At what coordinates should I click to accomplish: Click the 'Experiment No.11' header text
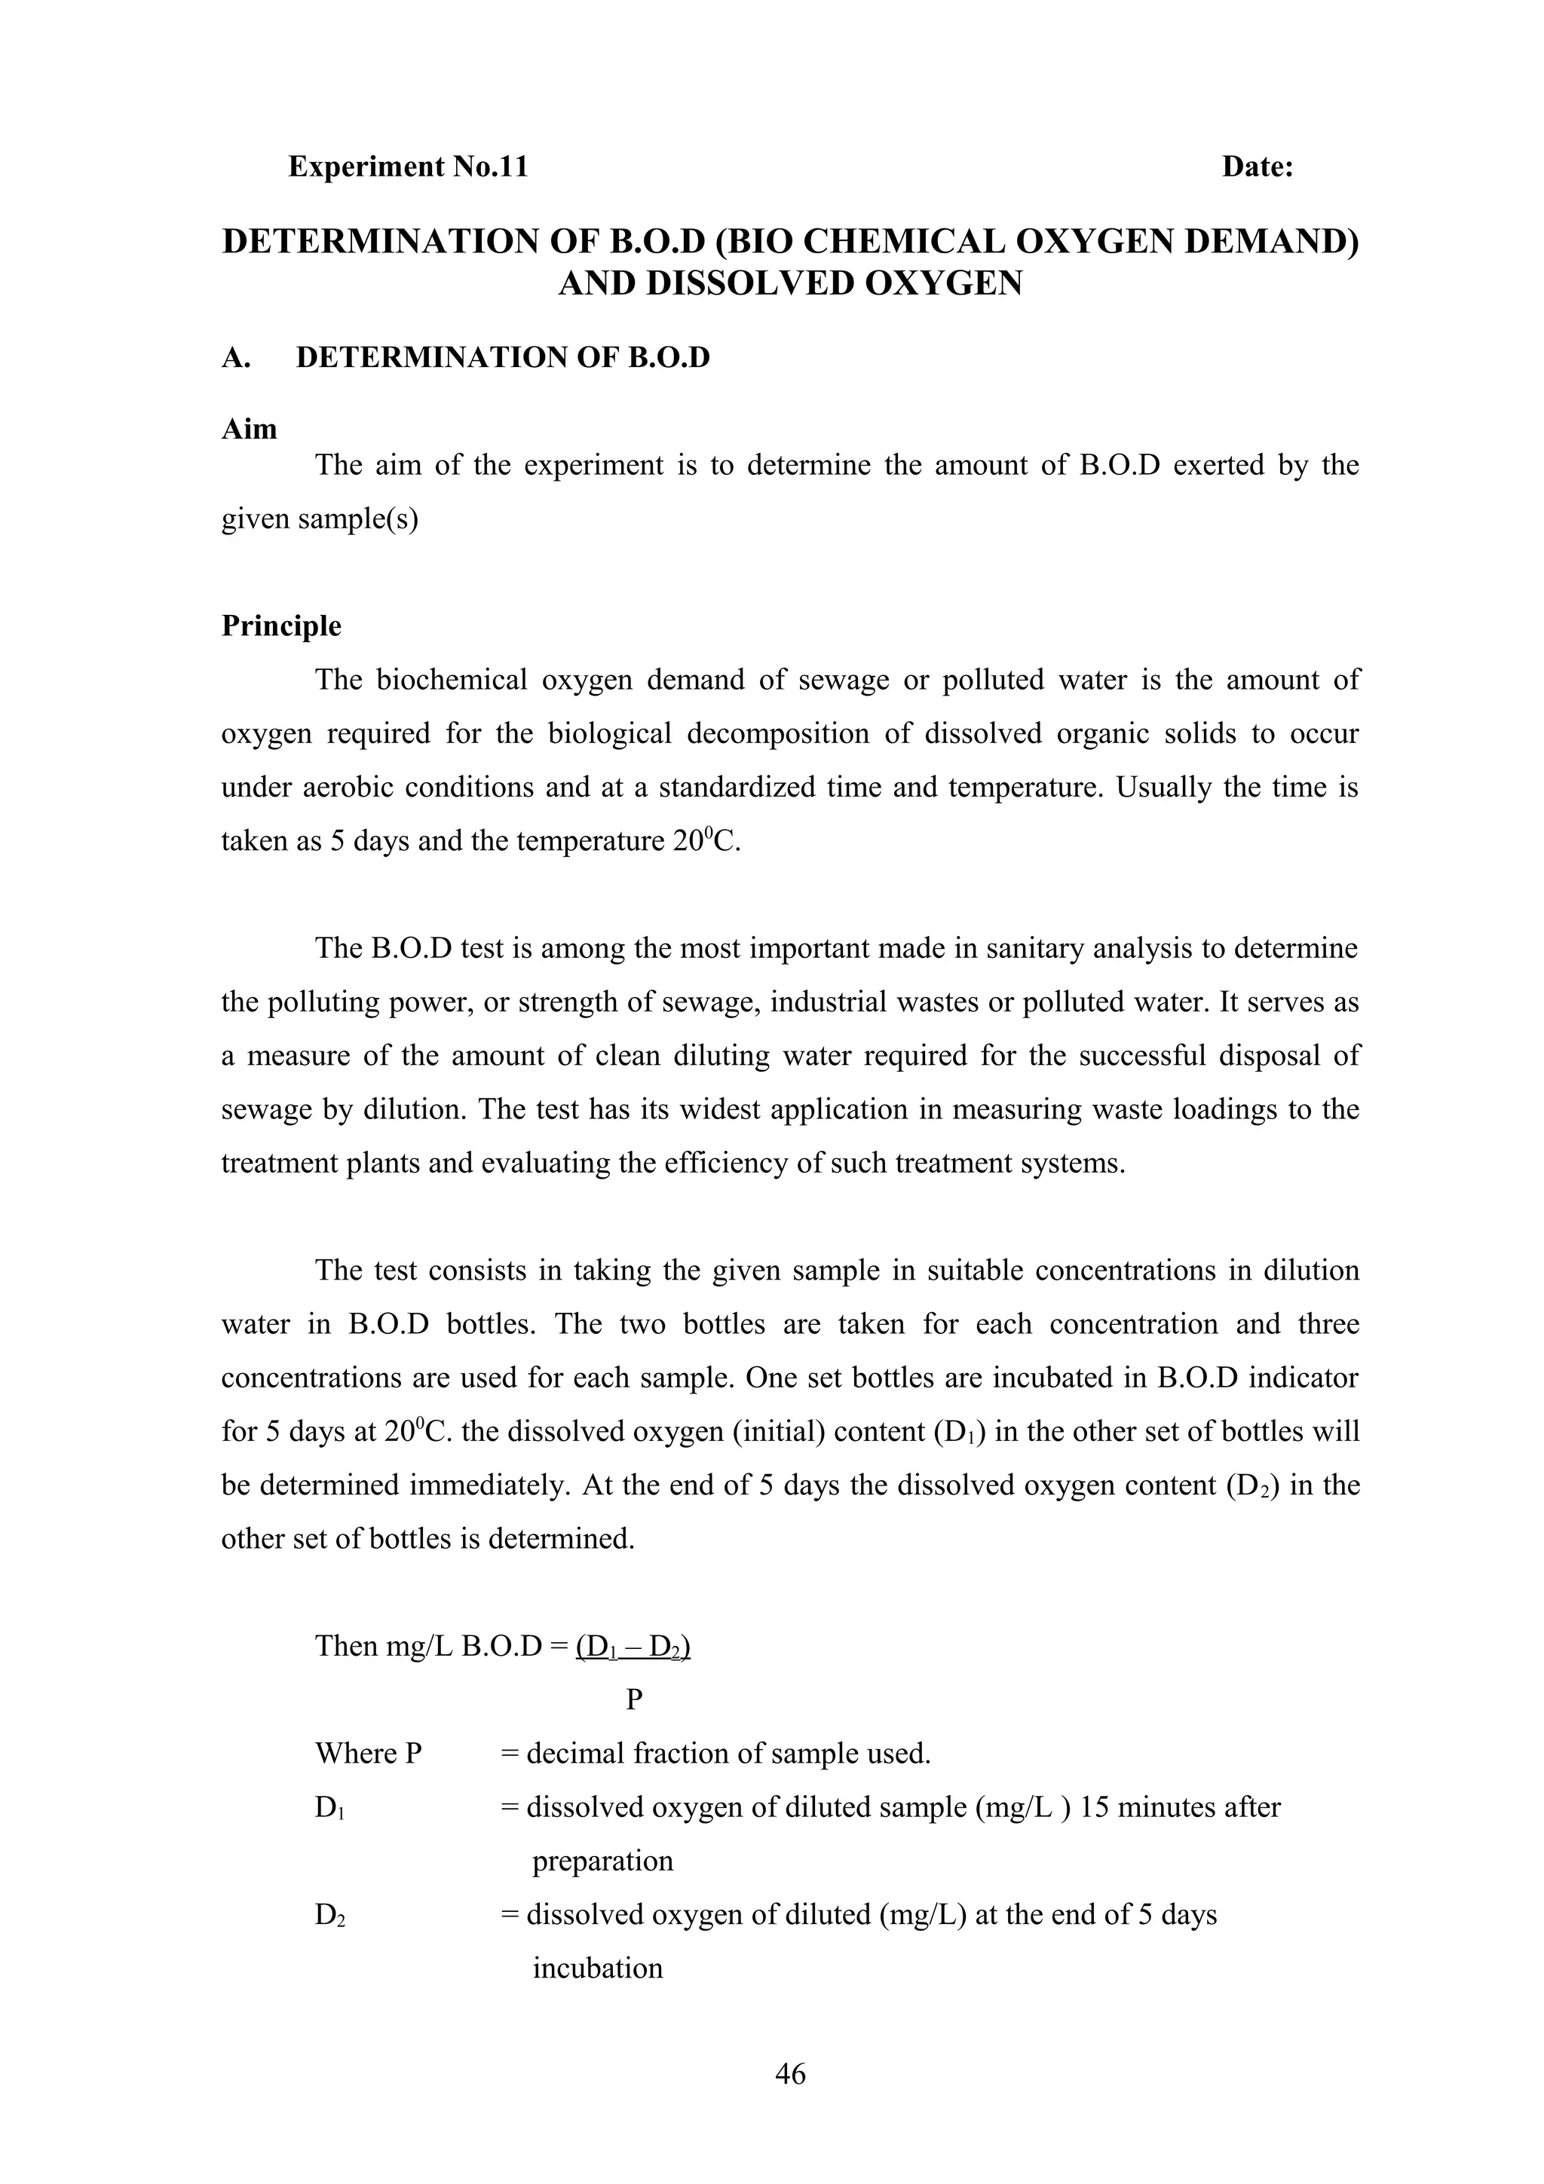pyautogui.click(x=407, y=167)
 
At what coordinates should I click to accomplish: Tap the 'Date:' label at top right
pyautogui.click(x=1257, y=167)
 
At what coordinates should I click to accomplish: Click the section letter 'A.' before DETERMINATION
pyautogui.click(x=236, y=358)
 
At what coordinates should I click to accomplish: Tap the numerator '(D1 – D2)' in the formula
pyautogui.click(x=633, y=1646)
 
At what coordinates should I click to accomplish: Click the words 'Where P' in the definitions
pyautogui.click(x=368, y=1753)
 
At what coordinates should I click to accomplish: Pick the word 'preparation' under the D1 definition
pyautogui.click(x=602, y=1861)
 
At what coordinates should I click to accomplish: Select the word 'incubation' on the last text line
pyautogui.click(x=597, y=1968)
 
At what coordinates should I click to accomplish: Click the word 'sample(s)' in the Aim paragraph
pyautogui.click(x=366, y=519)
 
